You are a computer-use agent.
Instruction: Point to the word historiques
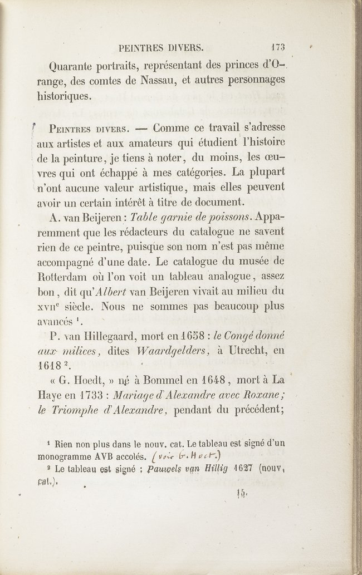tap(77, 96)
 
